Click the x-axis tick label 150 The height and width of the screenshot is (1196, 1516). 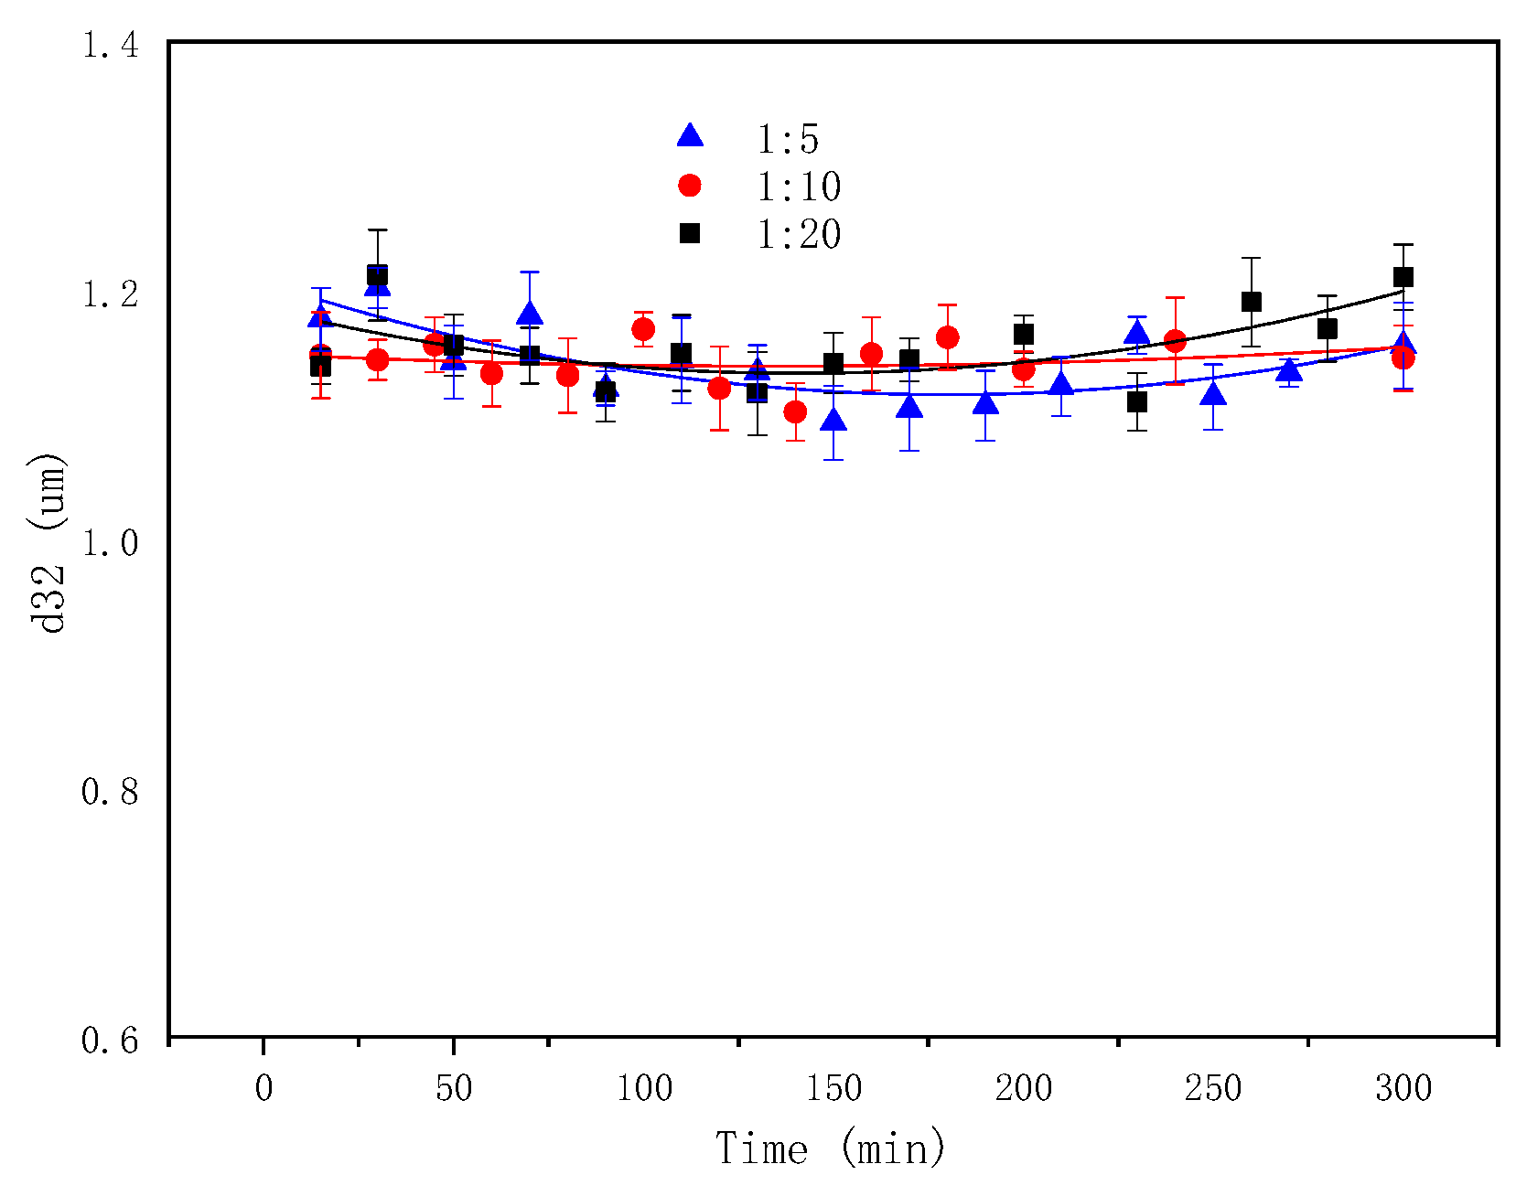point(833,1088)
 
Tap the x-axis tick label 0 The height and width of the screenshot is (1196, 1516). point(263,1088)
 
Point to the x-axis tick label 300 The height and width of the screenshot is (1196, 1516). point(1403,1088)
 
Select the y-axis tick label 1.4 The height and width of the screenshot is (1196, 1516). point(111,45)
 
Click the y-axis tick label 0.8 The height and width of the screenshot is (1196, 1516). point(111,792)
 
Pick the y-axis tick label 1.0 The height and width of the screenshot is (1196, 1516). point(111,543)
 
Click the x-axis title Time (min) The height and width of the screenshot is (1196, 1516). point(830,1148)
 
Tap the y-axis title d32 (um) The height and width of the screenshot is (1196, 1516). point(48,543)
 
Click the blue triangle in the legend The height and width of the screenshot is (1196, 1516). point(690,136)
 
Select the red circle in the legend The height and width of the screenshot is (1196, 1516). point(690,186)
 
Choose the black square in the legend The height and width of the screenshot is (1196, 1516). point(690,233)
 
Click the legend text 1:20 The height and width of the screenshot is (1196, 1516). point(798,234)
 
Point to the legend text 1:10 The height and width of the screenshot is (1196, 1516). point(798,187)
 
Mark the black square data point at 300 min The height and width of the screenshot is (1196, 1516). point(1403,277)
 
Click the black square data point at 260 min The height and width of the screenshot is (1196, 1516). point(1251,302)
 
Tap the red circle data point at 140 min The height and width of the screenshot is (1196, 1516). point(795,412)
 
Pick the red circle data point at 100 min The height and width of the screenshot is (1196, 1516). point(643,329)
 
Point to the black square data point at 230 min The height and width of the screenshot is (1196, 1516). point(1137,401)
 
